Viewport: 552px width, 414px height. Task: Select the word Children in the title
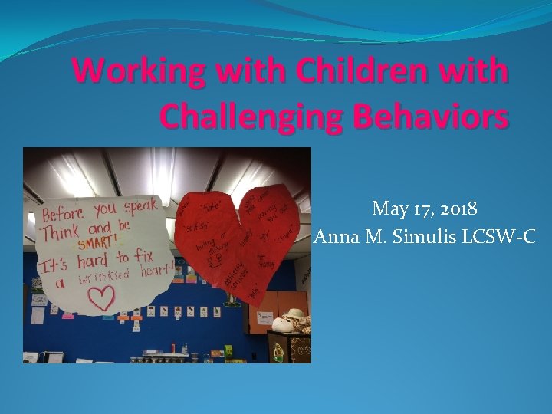coord(345,71)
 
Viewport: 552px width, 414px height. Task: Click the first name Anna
coord(337,237)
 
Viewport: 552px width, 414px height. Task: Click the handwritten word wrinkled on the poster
coord(108,274)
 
